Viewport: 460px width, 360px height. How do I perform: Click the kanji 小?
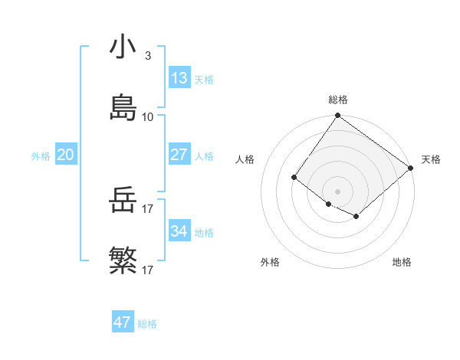(123, 47)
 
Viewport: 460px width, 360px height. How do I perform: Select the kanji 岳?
(123, 201)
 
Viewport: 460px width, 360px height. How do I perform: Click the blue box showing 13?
(179, 78)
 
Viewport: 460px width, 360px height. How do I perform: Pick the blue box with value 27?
(179, 155)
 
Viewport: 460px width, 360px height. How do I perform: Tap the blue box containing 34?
(179, 231)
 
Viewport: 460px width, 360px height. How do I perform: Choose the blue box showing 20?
(65, 155)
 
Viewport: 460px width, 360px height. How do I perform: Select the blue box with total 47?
(123, 322)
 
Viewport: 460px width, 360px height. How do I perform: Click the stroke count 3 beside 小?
(148, 56)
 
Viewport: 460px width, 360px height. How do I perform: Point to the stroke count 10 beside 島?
(148, 117)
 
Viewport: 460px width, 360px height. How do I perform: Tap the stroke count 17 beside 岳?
(148, 209)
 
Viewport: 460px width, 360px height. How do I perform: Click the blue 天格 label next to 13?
(203, 79)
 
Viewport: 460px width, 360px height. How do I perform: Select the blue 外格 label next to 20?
(41, 155)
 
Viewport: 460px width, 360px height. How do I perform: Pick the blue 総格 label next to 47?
(147, 324)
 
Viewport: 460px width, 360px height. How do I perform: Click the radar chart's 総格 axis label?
(338, 100)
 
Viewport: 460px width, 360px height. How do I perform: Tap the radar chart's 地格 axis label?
(402, 262)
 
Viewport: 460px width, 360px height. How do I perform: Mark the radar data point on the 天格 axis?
(411, 169)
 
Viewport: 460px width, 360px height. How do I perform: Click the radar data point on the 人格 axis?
(294, 178)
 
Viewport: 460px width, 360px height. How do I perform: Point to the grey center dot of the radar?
(337, 191)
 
